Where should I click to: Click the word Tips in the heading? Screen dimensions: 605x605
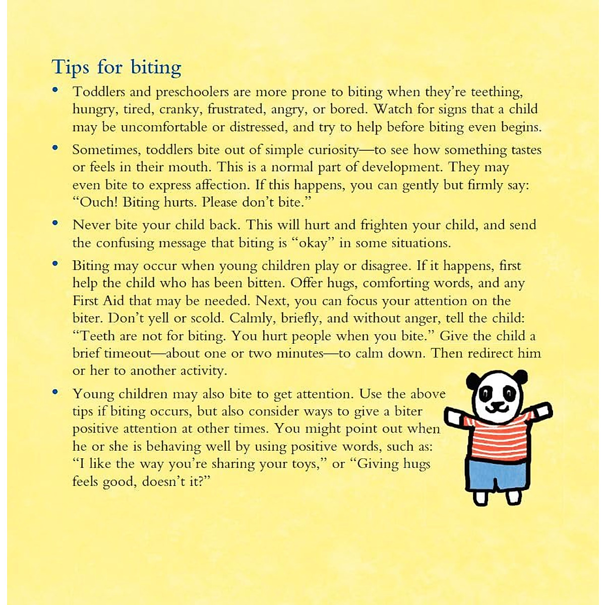pos(71,67)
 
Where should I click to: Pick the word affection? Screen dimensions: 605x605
pos(222,185)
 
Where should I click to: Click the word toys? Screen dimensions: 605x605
pos(305,464)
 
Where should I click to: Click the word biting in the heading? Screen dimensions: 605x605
pos(156,67)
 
